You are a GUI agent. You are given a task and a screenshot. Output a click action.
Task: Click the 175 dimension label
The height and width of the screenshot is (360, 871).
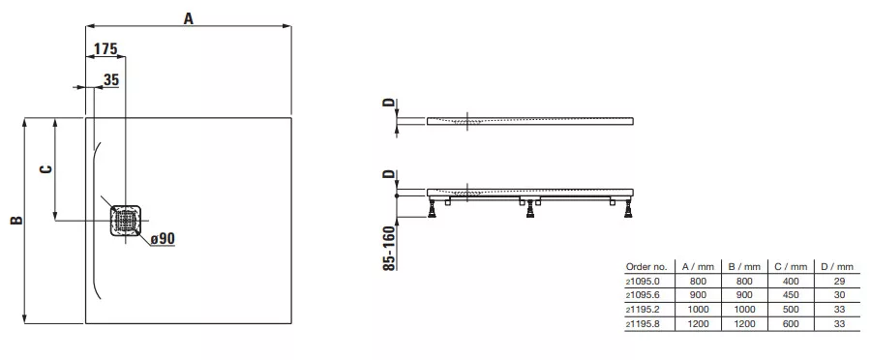point(105,49)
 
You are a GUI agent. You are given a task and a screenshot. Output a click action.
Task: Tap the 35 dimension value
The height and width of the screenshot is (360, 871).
point(111,80)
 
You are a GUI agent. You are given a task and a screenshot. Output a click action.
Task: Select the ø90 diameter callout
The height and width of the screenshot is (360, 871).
point(163,239)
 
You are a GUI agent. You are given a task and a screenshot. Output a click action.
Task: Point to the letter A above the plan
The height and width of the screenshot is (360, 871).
point(189,19)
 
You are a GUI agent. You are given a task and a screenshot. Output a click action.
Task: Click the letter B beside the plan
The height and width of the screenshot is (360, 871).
point(17,220)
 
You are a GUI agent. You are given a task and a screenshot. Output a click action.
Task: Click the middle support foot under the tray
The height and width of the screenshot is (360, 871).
point(530,209)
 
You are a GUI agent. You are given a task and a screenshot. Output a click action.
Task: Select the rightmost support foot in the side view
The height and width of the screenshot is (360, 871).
point(628,209)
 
